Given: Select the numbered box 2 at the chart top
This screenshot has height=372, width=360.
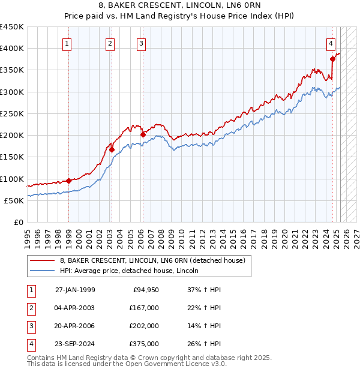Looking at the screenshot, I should (x=110, y=43).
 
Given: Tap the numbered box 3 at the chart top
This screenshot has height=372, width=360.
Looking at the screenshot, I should (x=140, y=43).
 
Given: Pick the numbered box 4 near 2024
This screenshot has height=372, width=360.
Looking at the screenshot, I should (x=331, y=43).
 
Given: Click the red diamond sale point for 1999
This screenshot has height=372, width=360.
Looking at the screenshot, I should (x=68, y=181).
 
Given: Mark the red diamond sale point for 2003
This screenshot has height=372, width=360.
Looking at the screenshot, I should (x=112, y=149).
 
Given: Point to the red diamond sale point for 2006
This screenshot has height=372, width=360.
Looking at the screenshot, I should (x=143, y=134).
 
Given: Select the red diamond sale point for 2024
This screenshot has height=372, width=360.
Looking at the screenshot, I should (x=332, y=59).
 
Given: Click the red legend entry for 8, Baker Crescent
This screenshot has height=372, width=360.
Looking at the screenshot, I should (x=152, y=261).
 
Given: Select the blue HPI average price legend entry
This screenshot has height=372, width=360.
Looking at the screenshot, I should (x=128, y=271).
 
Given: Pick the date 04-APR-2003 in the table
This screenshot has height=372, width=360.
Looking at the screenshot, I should (x=74, y=308).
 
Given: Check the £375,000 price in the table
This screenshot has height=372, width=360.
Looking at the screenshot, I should (x=144, y=344).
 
